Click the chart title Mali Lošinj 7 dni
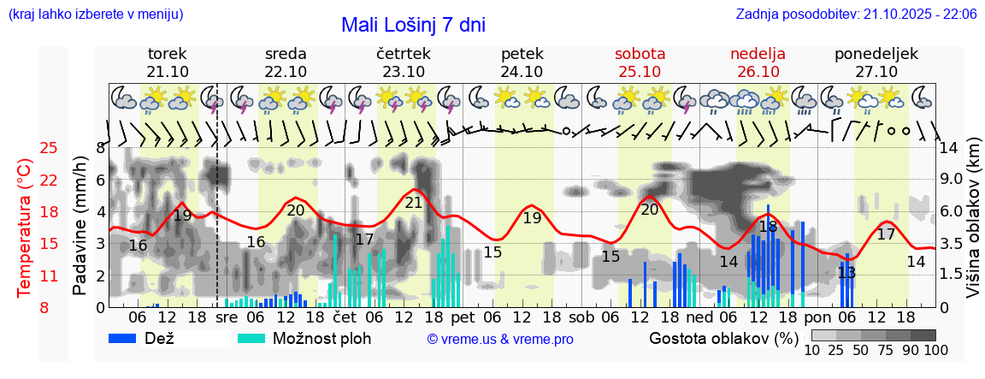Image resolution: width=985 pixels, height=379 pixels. click(x=413, y=25)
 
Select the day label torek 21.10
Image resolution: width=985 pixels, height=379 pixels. click(x=168, y=62)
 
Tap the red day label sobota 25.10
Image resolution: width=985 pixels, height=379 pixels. click(x=640, y=62)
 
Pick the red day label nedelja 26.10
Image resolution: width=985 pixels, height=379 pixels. click(x=758, y=62)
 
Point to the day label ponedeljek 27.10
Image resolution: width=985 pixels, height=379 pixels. click(x=876, y=62)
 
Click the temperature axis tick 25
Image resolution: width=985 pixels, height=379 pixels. click(x=49, y=148)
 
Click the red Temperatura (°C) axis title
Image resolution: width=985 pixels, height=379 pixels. click(x=24, y=228)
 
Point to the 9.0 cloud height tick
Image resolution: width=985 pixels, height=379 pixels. click(x=950, y=180)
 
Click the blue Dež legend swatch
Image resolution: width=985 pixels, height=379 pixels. click(x=129, y=338)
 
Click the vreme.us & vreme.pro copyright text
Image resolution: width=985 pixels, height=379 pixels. click(x=500, y=339)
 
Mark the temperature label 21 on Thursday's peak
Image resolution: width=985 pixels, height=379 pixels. click(x=414, y=203)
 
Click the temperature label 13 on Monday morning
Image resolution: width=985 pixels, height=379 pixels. click(x=846, y=273)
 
